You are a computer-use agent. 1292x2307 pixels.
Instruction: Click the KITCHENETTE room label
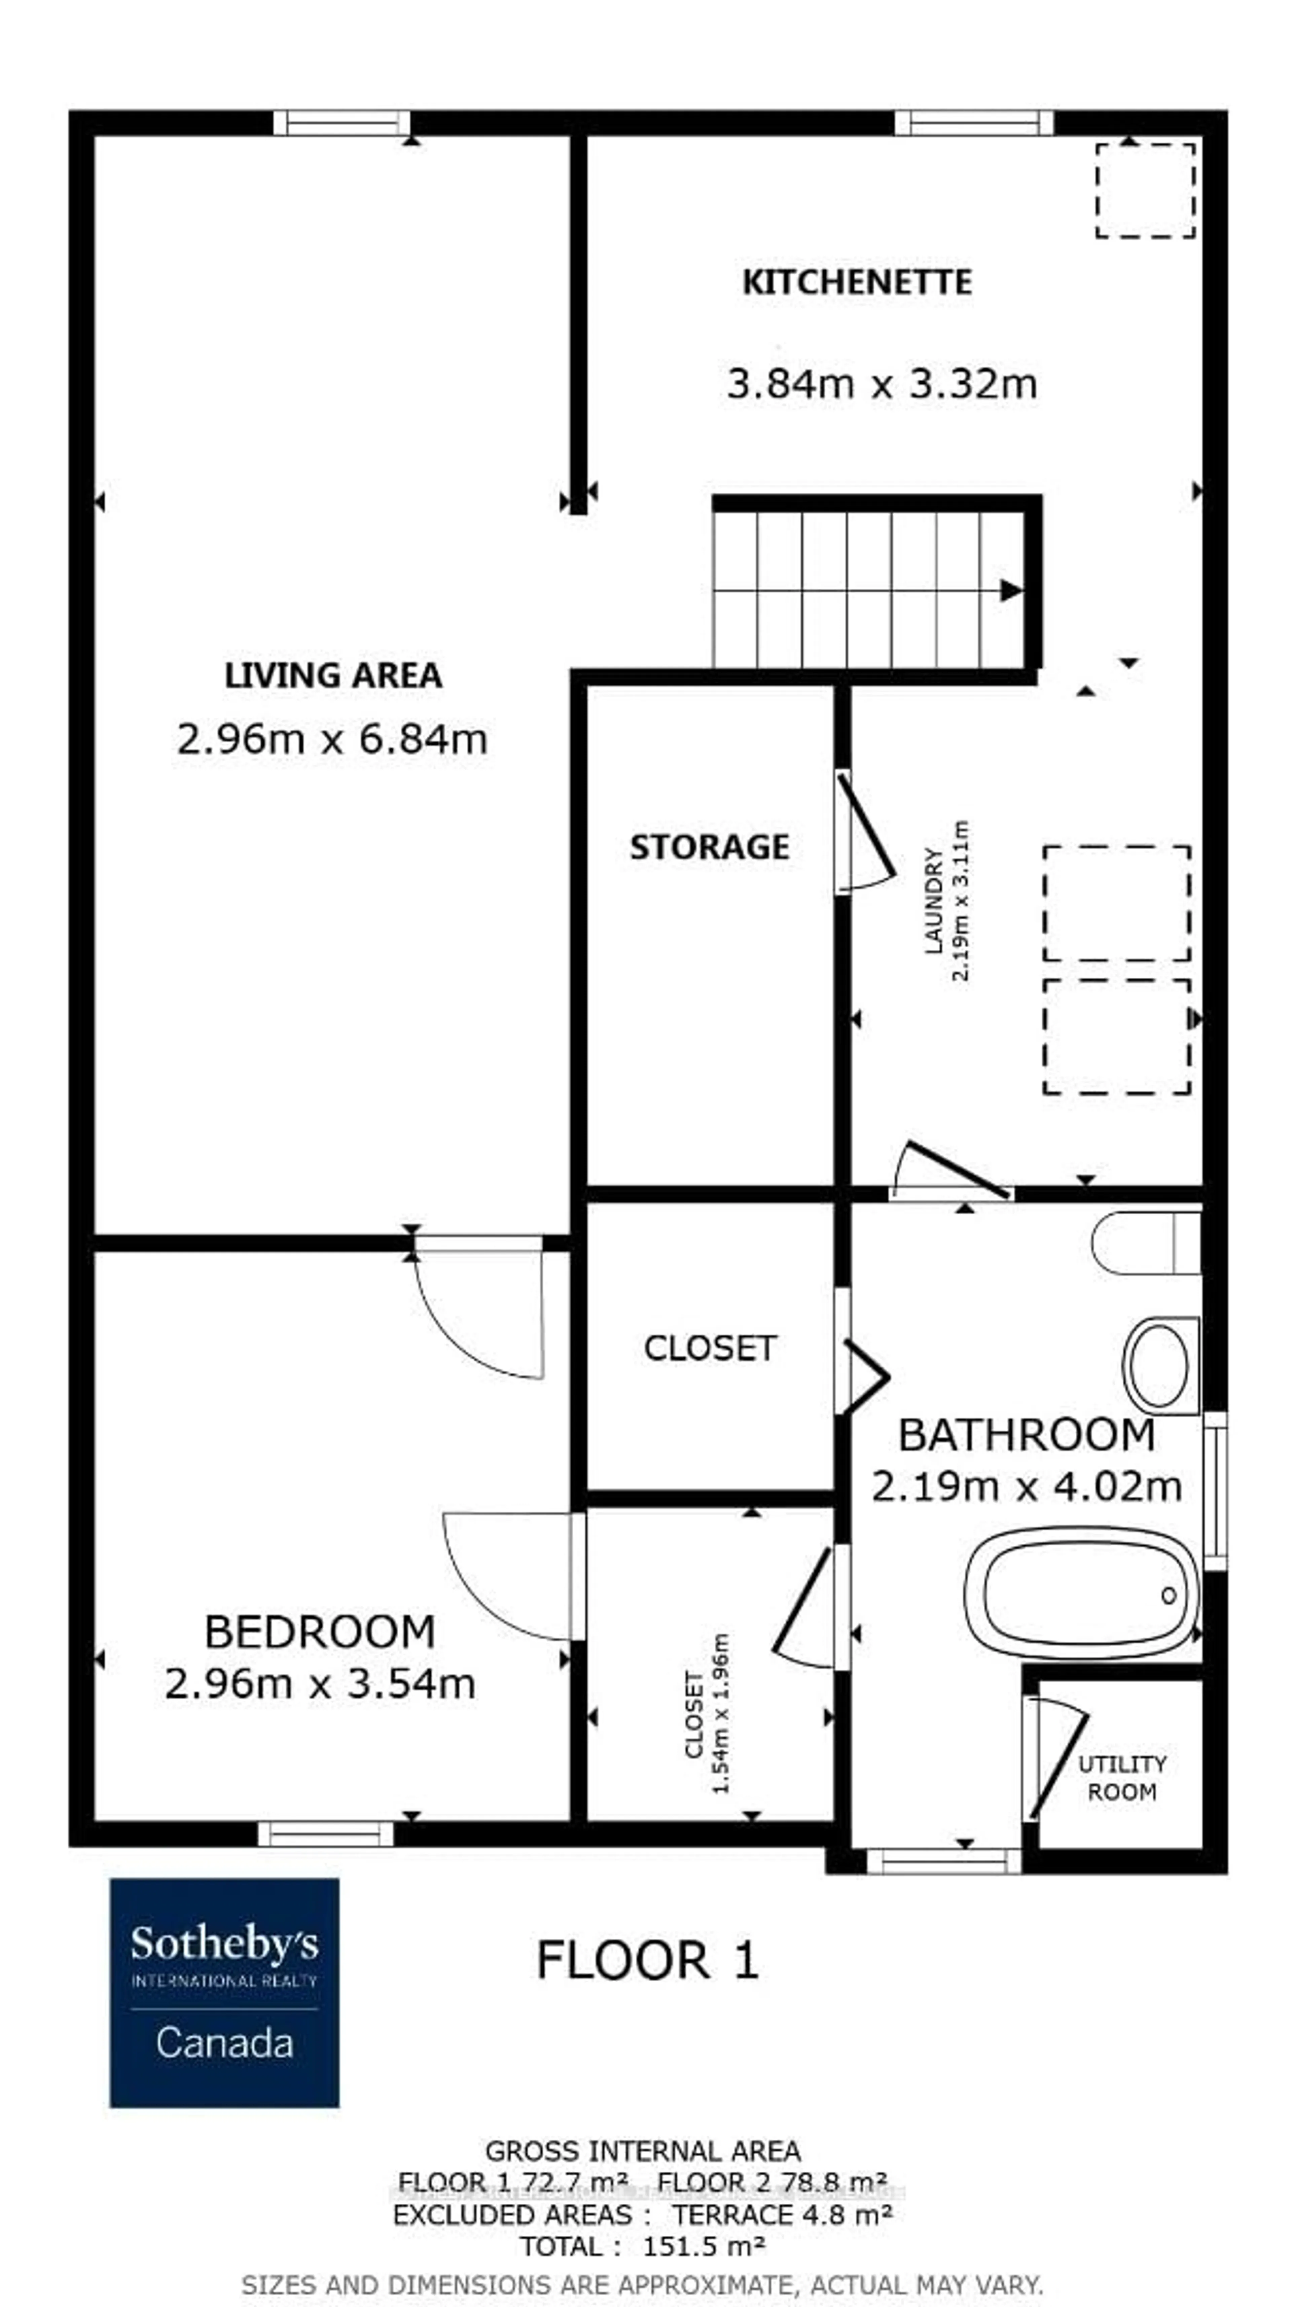click(856, 282)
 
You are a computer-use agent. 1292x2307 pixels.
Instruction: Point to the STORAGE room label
click(709, 847)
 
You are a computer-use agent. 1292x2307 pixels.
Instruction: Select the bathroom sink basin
click(1159, 1366)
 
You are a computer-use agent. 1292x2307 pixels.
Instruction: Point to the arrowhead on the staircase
click(1011, 590)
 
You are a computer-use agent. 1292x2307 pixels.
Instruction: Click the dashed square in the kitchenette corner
click(1145, 190)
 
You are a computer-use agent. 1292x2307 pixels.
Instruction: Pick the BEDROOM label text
click(320, 1632)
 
